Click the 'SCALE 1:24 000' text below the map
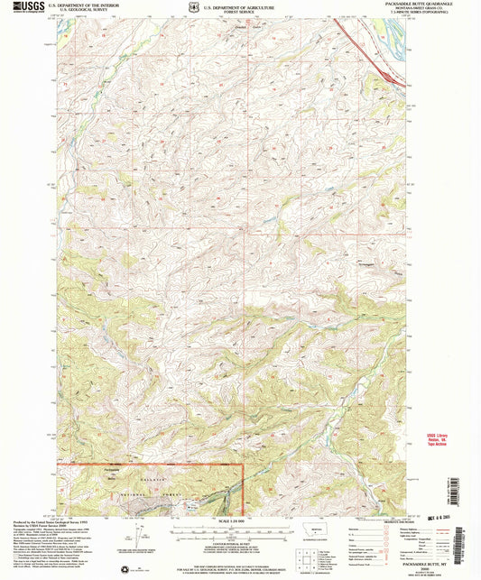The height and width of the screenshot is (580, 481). pyautogui.click(x=238, y=523)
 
